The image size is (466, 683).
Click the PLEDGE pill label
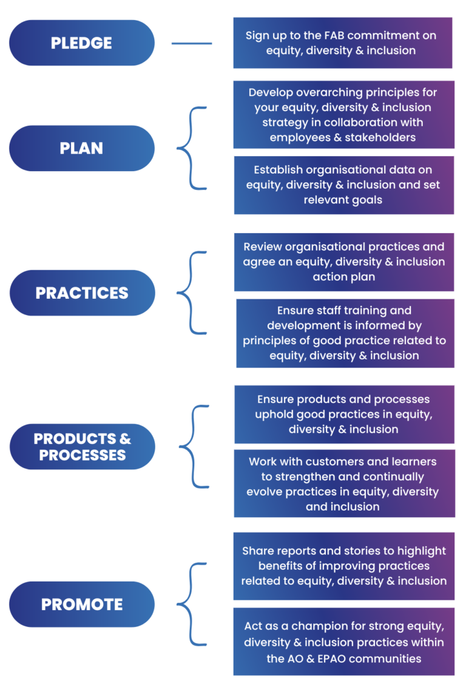[x=82, y=43]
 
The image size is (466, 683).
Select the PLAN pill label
[x=82, y=148]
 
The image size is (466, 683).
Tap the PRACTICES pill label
[x=82, y=293]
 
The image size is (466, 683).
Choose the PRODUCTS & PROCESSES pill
[x=82, y=447]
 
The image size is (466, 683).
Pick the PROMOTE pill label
[x=82, y=604]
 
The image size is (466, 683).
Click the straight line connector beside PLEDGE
[x=192, y=43]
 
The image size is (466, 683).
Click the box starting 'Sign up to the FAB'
[x=343, y=42]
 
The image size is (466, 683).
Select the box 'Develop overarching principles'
[x=343, y=115]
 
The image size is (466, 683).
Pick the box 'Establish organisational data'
[x=343, y=185]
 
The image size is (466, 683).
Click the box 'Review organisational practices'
[x=343, y=262]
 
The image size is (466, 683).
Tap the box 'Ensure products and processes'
[x=343, y=414]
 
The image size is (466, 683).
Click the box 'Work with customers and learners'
[x=343, y=483]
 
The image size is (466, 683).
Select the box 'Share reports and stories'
[x=343, y=566]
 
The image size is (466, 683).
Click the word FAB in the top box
[x=340, y=35]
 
